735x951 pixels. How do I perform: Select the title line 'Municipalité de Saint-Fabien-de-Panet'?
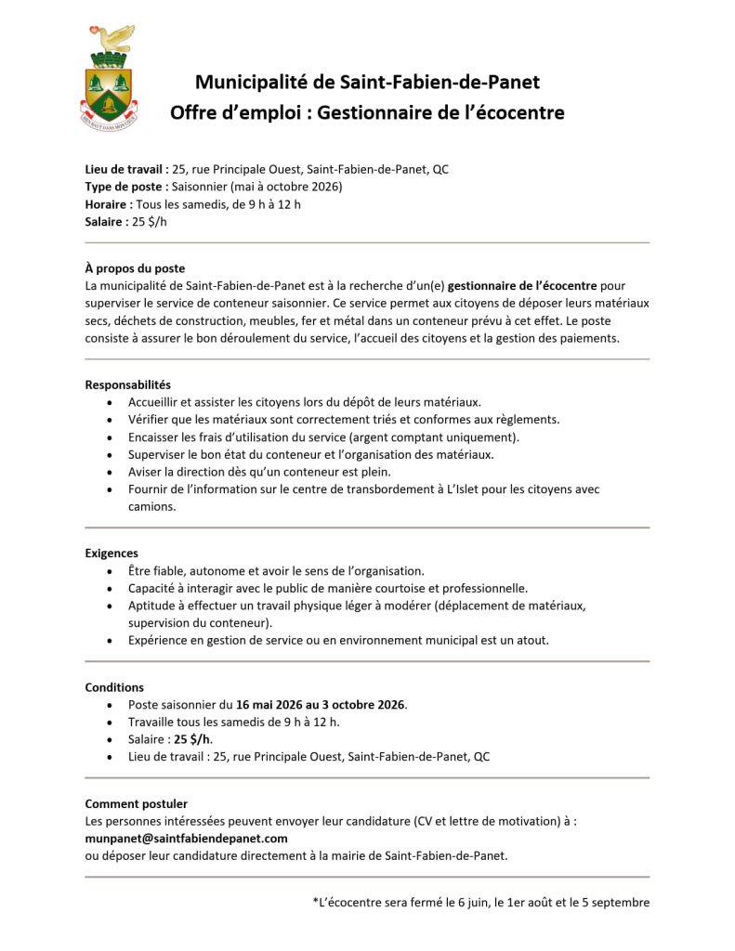click(x=367, y=82)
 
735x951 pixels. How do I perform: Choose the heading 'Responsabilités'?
click(x=128, y=384)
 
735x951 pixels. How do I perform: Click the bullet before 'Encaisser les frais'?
click(x=112, y=437)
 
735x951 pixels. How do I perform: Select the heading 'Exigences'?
click(x=112, y=554)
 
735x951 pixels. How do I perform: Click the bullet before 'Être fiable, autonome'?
click(x=112, y=571)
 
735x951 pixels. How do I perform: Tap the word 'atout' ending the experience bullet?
click(x=532, y=640)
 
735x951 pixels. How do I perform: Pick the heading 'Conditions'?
click(x=114, y=687)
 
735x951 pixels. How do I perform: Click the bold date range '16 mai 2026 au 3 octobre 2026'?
click(x=321, y=705)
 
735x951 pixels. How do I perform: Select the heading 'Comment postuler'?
click(x=136, y=803)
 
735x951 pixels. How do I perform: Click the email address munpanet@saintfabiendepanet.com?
click(x=186, y=838)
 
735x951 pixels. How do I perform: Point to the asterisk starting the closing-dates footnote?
click(x=316, y=901)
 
